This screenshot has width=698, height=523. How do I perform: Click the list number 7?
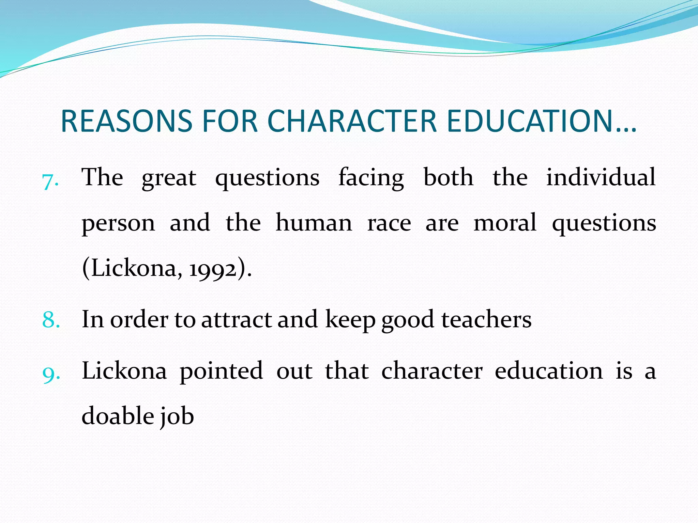(50, 180)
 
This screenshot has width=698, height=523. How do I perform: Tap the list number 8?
(51, 320)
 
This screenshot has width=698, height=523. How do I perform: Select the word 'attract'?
(237, 320)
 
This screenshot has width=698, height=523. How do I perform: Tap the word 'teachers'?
(486, 320)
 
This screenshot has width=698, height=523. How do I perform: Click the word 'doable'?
(118, 416)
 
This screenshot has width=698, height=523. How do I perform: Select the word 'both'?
(449, 178)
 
